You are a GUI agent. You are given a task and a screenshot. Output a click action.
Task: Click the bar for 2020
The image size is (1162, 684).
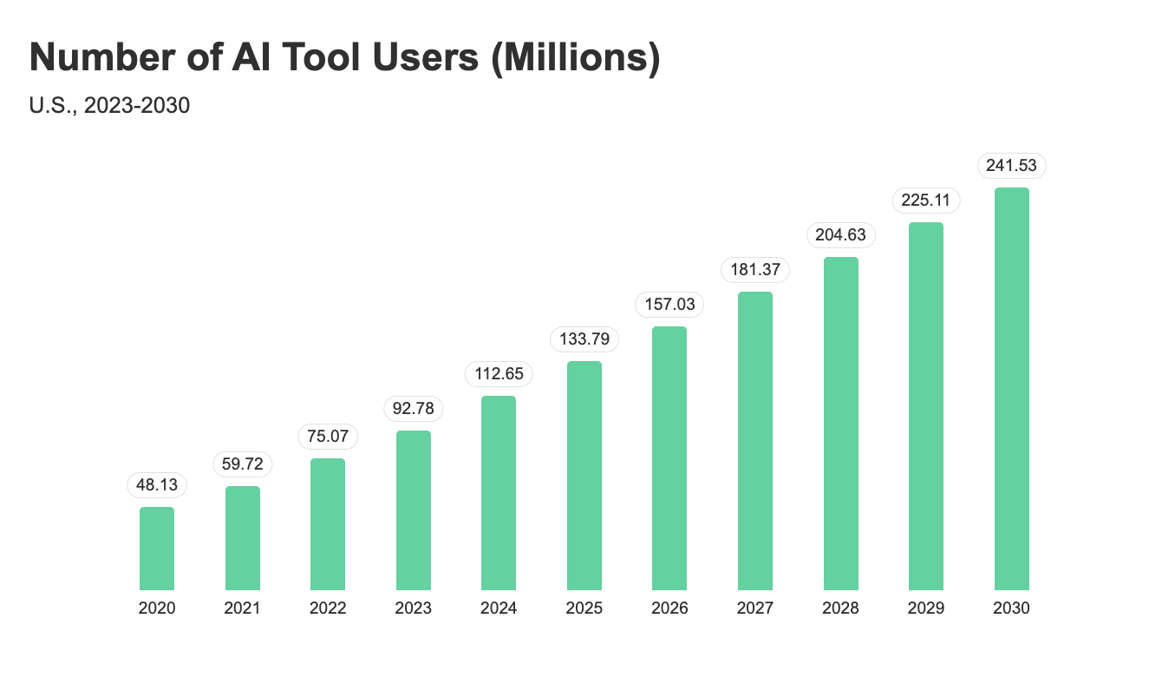[157, 549]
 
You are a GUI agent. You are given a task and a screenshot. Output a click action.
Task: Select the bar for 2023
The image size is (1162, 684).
[414, 510]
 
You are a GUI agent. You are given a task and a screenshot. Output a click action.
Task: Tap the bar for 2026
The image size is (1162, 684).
[669, 458]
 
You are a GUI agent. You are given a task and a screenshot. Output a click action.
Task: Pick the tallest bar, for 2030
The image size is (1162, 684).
[1011, 389]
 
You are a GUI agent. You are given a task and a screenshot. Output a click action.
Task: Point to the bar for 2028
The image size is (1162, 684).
[840, 424]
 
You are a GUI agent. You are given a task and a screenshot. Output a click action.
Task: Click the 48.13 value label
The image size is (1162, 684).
[157, 485]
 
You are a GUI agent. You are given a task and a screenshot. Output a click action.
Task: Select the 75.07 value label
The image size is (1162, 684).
[328, 436]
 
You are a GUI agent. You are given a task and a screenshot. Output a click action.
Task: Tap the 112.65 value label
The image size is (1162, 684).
[499, 374]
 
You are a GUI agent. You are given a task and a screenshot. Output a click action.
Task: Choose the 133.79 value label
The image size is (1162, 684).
[584, 339]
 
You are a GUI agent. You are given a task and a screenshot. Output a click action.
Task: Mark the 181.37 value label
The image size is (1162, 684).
[755, 270]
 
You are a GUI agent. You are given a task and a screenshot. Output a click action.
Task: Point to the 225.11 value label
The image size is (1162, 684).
[926, 201]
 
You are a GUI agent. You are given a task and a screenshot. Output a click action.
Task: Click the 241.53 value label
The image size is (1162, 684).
[1011, 166]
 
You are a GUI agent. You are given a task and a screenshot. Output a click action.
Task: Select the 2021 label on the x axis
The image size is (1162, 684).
[242, 608]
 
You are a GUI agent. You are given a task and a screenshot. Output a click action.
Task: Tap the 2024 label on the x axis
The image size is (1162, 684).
[499, 608]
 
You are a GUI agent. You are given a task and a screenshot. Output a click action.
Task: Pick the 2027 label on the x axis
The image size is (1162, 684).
[755, 608]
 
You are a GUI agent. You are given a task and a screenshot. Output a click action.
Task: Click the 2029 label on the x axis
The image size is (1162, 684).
[926, 608]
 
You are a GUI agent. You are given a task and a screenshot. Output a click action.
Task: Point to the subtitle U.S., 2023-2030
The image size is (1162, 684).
[109, 106]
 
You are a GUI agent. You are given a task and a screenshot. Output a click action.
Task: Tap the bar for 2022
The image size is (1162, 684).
[328, 524]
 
